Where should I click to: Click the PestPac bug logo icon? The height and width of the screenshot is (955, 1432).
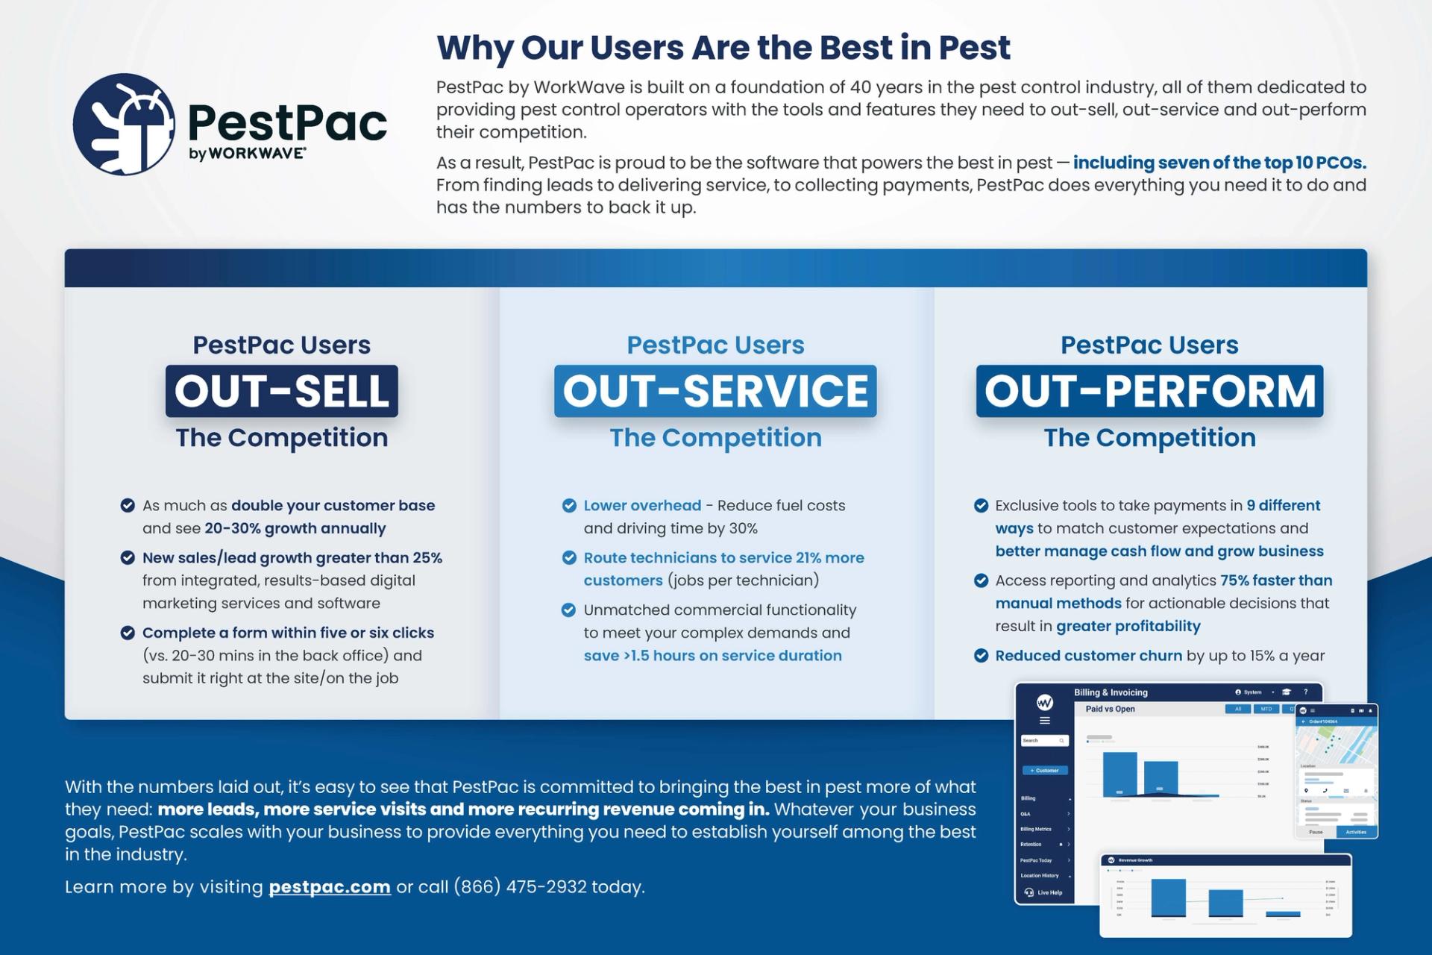tap(125, 124)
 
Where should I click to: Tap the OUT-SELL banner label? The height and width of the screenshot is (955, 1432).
tap(282, 391)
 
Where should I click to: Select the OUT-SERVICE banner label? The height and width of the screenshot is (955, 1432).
tap(715, 391)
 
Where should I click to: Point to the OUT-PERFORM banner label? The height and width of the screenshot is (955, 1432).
tap(1149, 391)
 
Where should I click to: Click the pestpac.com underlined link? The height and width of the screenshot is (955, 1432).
tap(329, 887)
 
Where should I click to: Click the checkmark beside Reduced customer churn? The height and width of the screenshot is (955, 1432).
tap(981, 656)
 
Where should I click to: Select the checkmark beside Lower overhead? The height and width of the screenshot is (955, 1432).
tap(569, 506)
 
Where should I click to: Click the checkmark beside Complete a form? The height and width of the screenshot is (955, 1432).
tap(128, 633)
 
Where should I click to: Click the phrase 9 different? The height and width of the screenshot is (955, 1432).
tap(1283, 506)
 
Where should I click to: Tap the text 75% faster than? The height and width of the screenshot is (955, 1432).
tap(1275, 580)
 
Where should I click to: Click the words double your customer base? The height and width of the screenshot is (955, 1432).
tap(333, 506)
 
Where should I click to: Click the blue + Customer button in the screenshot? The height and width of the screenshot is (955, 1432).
tap(1044, 770)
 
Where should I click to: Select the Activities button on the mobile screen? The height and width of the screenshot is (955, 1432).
tap(1355, 832)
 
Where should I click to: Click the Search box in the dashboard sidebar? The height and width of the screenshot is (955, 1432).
tap(1044, 741)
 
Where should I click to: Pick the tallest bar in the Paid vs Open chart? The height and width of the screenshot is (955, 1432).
tap(1119, 774)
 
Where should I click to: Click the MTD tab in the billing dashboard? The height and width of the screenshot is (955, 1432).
tap(1266, 709)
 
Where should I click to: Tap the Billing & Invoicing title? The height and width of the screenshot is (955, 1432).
tap(1111, 692)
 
